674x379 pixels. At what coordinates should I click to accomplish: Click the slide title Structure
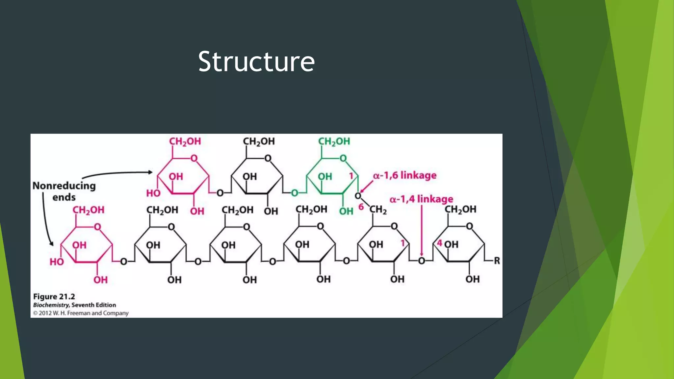(x=256, y=62)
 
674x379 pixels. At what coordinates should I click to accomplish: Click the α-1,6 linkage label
(x=404, y=175)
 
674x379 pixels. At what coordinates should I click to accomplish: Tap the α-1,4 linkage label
(x=421, y=199)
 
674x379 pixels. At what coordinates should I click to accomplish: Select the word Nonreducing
(x=64, y=186)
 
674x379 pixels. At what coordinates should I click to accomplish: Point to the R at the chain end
(x=497, y=261)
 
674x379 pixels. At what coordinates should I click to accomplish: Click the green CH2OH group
(x=334, y=141)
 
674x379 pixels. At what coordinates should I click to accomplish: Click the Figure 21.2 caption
(x=54, y=296)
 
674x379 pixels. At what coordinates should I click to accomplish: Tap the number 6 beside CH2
(x=361, y=207)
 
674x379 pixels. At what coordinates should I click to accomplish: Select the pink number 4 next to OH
(x=440, y=243)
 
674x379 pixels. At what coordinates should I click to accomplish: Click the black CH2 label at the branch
(x=378, y=210)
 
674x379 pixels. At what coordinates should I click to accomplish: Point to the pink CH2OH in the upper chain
(x=185, y=141)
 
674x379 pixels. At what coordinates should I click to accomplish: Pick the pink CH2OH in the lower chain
(x=88, y=210)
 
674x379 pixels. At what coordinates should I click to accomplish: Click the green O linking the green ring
(x=295, y=193)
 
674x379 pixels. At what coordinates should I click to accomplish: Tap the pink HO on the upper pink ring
(x=153, y=193)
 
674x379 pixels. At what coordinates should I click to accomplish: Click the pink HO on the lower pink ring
(x=57, y=262)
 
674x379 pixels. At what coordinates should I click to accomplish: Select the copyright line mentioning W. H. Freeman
(x=81, y=313)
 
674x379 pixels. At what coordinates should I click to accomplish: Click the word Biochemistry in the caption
(x=51, y=305)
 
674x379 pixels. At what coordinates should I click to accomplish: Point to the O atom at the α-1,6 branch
(x=358, y=196)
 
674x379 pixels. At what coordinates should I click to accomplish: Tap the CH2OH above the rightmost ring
(x=460, y=209)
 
